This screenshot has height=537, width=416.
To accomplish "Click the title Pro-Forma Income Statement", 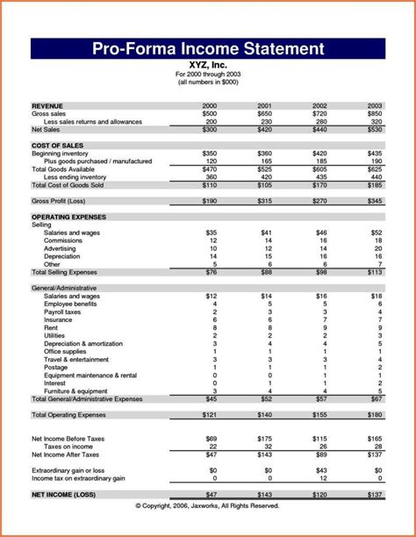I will [x=208, y=48].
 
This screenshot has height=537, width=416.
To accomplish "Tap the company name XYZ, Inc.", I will [x=207, y=64].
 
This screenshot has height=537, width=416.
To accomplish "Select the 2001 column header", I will [x=264, y=104].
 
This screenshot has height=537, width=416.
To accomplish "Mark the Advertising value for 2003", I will [x=376, y=248].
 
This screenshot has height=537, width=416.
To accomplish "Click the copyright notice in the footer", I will [x=208, y=506].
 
